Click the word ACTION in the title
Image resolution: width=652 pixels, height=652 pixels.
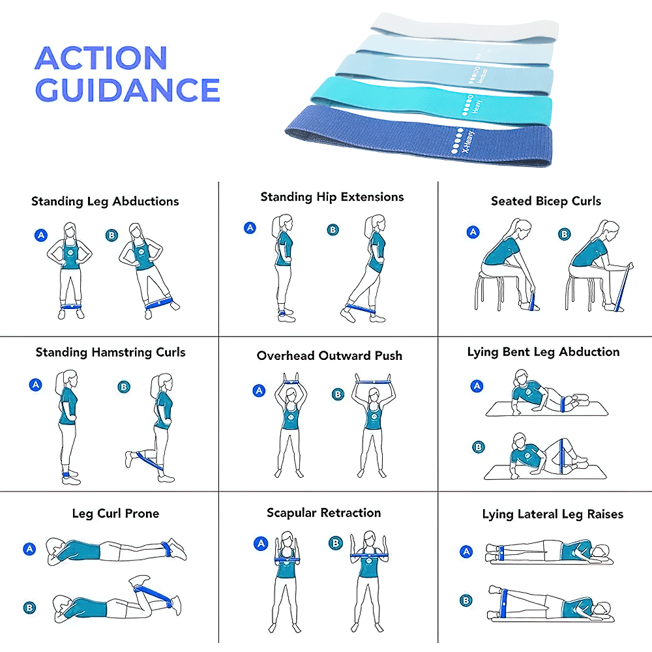[x=101, y=59]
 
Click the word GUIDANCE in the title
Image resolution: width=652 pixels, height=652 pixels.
[x=127, y=90]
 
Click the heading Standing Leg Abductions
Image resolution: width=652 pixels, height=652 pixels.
[x=105, y=201]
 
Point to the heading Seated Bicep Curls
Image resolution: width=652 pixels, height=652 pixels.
[x=546, y=201]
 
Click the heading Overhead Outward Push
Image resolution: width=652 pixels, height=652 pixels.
[x=329, y=356]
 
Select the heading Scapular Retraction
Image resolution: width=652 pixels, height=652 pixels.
[x=323, y=513]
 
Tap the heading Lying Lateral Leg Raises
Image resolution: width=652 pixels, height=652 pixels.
[x=552, y=514]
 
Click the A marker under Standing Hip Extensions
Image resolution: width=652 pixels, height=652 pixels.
[x=250, y=228]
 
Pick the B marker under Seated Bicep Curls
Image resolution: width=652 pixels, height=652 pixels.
[x=565, y=234]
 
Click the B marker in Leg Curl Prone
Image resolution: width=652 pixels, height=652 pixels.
[x=29, y=608]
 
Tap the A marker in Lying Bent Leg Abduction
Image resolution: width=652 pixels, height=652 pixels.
[x=477, y=386]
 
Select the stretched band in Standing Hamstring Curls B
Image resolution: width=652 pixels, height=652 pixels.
[x=149, y=462]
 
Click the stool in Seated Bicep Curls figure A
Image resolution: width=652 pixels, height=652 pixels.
[x=494, y=287]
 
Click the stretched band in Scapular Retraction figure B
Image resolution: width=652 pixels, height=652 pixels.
[x=373, y=556]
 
